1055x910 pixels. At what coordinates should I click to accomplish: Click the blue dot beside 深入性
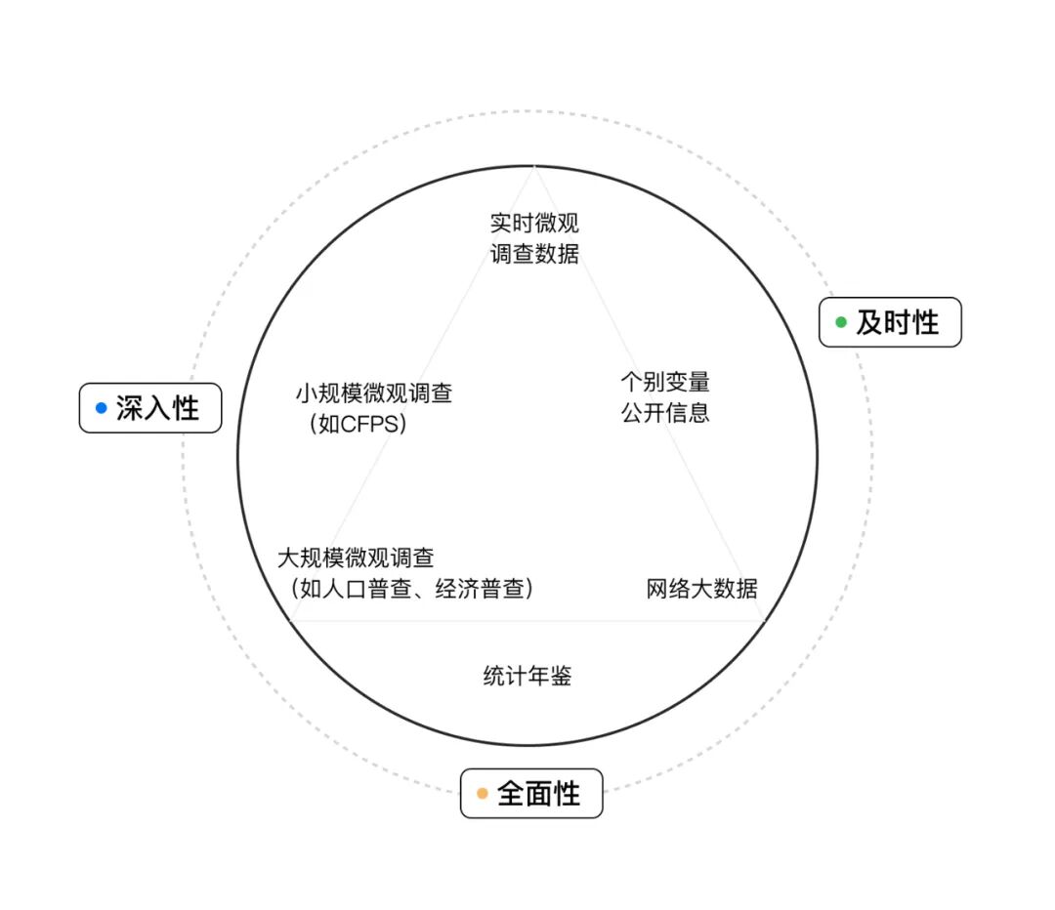(101, 408)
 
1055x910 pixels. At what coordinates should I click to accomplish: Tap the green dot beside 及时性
(840, 322)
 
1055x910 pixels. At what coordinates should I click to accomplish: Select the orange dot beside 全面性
(482, 794)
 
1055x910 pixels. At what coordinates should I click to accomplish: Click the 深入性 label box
(150, 408)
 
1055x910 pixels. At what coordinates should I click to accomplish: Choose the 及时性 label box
(890, 322)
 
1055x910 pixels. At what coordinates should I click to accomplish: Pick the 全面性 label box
(531, 794)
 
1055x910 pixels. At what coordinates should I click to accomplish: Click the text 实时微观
(534, 224)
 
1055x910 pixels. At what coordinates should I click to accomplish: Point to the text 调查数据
(534, 254)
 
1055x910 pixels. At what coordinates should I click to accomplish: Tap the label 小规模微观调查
(374, 393)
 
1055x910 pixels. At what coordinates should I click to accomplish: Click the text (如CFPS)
(358, 425)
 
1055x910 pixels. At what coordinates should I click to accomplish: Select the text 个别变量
(665, 381)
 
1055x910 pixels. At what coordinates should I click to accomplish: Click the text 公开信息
(665, 412)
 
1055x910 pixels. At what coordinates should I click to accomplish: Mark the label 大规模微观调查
(356, 558)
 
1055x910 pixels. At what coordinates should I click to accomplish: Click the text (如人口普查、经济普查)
(410, 589)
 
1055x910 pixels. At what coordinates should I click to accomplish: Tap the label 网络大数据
(701, 589)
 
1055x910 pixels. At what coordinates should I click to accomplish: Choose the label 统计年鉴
(527, 676)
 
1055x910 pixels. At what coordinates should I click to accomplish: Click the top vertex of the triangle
(534, 168)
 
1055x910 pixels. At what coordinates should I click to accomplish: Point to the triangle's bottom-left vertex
(291, 620)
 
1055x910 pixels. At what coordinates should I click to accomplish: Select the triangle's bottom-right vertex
(763, 620)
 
